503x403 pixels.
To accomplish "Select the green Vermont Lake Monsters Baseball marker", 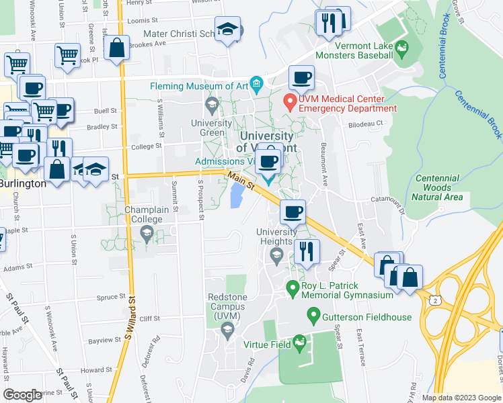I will click(402, 48).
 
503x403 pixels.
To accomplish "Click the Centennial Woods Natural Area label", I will click(438, 188).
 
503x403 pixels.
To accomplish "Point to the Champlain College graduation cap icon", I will click(146, 233).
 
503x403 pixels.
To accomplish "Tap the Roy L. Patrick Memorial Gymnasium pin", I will click(293, 289).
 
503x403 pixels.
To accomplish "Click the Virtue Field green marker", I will click(301, 345).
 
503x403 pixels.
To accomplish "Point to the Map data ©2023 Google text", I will click(461, 398).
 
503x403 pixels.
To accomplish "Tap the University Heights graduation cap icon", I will click(276, 255).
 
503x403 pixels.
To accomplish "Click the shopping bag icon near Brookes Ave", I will click(116, 48).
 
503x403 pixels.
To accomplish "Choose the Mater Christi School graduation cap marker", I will click(229, 30).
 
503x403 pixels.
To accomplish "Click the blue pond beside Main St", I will click(237, 197).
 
